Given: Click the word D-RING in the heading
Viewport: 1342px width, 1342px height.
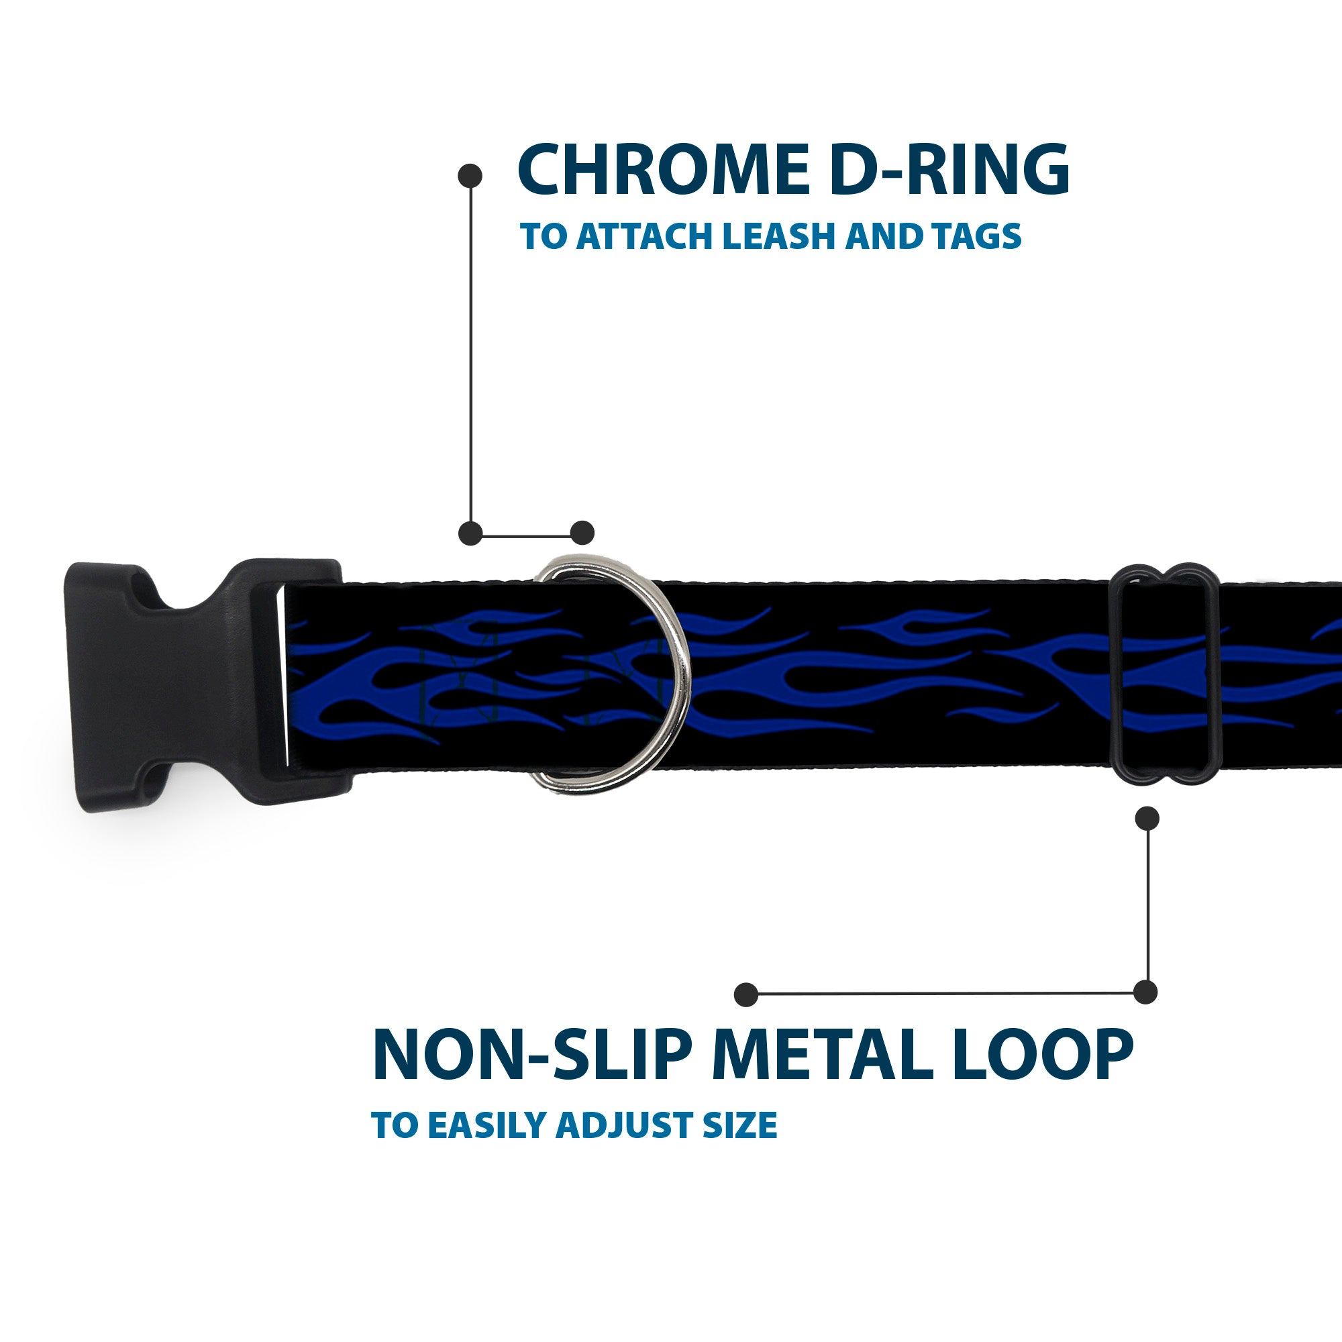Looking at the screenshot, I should (x=949, y=170).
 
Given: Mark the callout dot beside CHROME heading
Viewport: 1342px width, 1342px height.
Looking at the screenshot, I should (x=470, y=176).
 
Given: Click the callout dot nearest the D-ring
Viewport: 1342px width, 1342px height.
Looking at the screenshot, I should (x=582, y=533).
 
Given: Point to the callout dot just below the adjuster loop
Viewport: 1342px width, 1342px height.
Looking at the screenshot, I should (x=1147, y=818).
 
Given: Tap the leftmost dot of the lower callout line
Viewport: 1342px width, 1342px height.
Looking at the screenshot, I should (x=746, y=994).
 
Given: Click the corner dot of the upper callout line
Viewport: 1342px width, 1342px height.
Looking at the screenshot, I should (x=471, y=533).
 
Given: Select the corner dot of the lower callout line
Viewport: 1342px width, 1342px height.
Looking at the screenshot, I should (x=1145, y=992).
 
